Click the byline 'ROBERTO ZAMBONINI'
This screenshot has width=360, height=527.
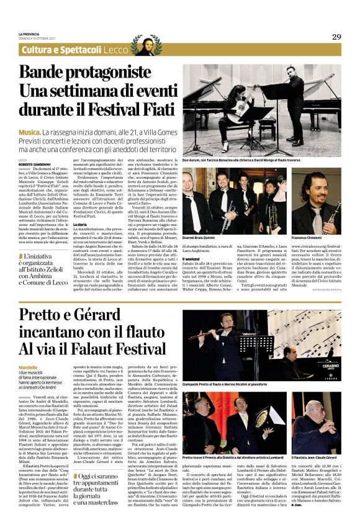point(34,164)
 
